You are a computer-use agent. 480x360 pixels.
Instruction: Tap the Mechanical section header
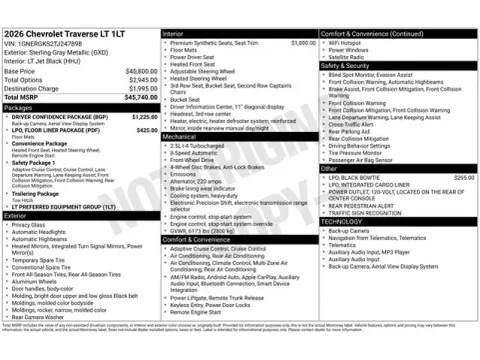click(180, 136)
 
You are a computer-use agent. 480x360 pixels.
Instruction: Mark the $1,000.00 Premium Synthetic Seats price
click(303, 43)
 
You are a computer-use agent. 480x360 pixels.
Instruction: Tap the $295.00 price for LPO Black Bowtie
click(463, 177)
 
